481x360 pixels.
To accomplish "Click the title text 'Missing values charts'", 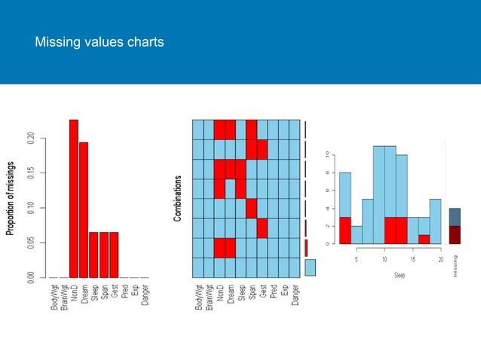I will point(100,43).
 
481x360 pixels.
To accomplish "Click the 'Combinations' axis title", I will point(179,198).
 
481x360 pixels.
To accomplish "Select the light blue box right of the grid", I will point(311,267).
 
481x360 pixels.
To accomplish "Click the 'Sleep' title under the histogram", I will point(400,276).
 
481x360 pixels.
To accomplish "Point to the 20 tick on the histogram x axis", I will point(440,260).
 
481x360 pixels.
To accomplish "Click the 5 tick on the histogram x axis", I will point(356,260).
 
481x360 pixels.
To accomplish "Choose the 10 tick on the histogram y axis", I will point(326,155).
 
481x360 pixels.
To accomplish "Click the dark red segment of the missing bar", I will point(455,235).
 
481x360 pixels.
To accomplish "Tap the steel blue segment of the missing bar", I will point(455,217).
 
